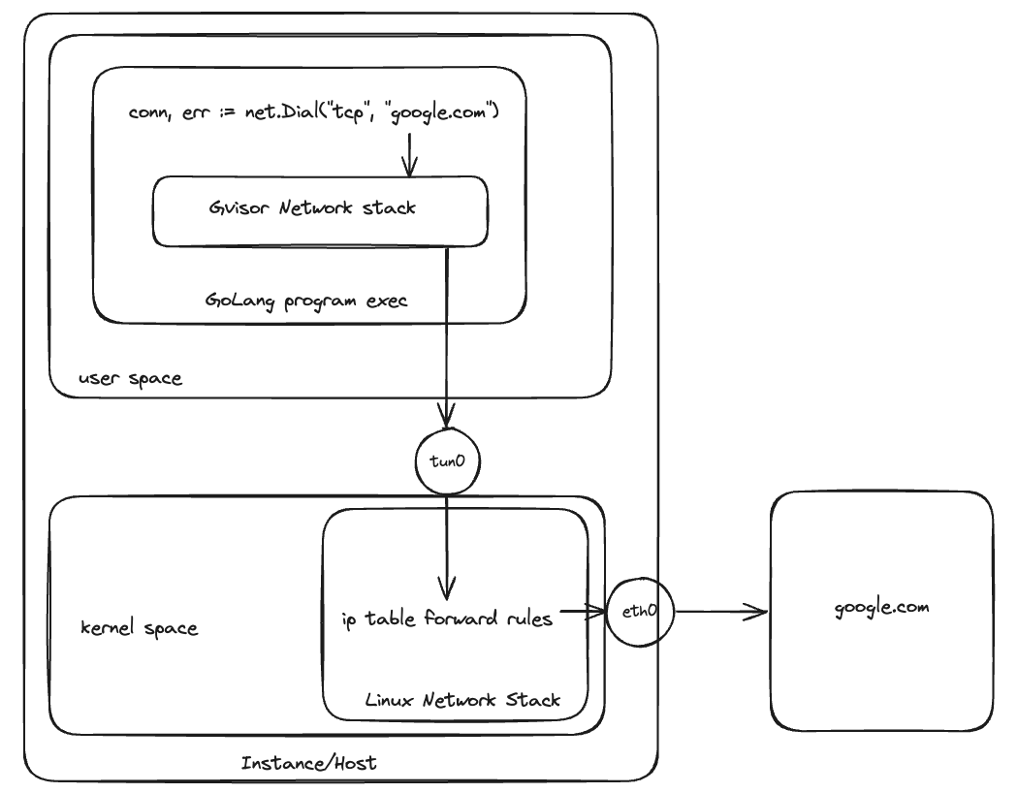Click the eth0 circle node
(640, 612)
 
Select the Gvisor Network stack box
(319, 210)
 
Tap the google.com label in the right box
(881, 608)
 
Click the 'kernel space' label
(139, 628)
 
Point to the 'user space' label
(129, 378)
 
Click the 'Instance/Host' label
(308, 763)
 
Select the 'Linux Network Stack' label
(462, 699)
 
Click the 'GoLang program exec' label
(306, 301)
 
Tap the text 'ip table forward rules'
(447, 619)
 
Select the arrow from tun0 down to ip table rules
(446, 548)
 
